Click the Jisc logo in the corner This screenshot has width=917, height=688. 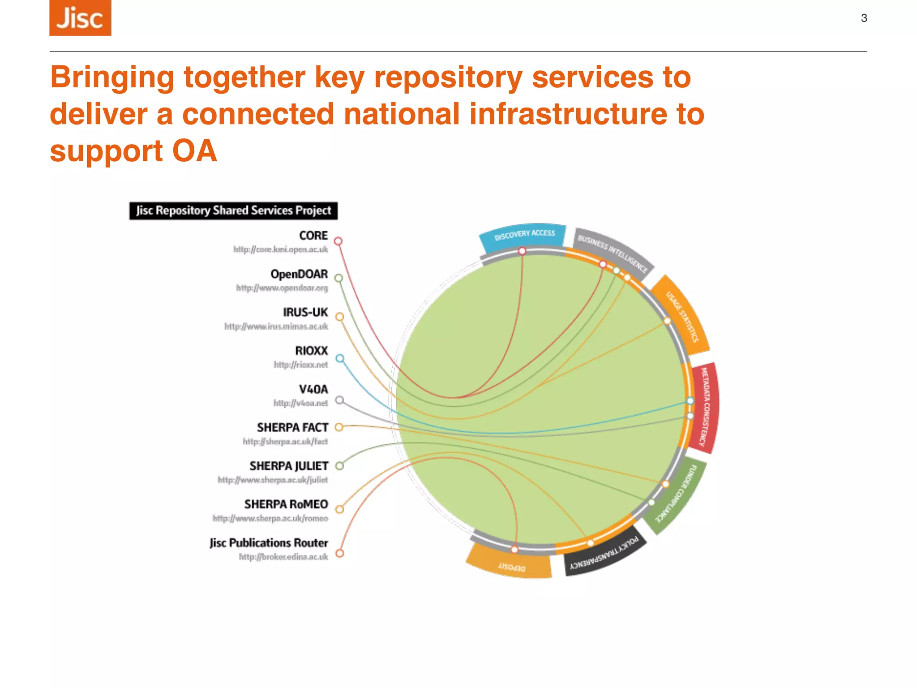[x=80, y=18]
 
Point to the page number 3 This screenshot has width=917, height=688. [x=864, y=18]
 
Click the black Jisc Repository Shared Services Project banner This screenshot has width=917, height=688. [x=233, y=211]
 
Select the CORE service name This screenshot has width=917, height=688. [x=313, y=236]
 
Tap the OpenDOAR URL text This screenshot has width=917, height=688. [x=282, y=288]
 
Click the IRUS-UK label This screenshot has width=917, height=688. [x=305, y=312]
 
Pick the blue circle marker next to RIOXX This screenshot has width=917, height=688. [x=340, y=358]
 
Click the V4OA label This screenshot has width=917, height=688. [x=313, y=389]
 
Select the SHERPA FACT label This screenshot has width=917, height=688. [x=292, y=428]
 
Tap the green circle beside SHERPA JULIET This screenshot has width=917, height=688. [x=340, y=466]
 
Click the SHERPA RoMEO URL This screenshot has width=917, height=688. [x=270, y=518]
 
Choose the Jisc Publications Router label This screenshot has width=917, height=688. [x=269, y=543]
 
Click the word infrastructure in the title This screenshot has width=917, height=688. [x=569, y=114]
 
